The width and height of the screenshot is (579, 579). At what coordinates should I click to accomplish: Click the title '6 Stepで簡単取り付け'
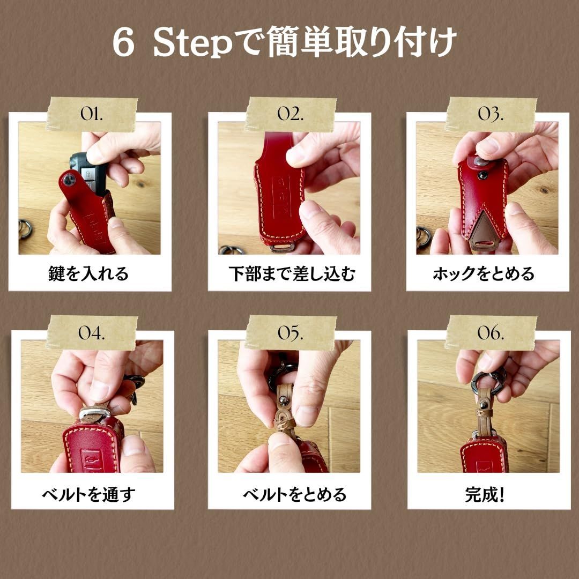click(x=284, y=42)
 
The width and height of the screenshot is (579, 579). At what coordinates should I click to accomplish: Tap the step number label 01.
click(x=92, y=114)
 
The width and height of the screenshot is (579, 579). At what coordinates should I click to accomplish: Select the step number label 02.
click(x=291, y=114)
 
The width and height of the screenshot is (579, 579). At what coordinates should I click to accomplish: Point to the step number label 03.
click(x=491, y=114)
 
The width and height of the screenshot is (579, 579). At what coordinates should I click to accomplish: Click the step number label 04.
click(x=92, y=333)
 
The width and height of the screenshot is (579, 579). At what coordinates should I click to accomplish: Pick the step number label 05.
click(x=291, y=333)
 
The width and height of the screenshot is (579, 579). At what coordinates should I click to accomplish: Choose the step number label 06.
click(x=491, y=333)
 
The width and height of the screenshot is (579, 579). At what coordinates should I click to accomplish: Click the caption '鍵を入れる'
click(x=88, y=273)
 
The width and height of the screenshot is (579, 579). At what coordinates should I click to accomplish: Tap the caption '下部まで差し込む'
click(x=292, y=273)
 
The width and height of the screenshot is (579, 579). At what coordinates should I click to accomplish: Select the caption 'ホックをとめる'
click(x=484, y=273)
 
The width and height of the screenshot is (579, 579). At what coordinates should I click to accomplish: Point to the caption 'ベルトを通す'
click(x=89, y=494)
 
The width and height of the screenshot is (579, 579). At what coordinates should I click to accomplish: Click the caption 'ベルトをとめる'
click(x=295, y=494)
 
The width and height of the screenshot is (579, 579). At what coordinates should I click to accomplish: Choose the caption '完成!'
click(x=485, y=494)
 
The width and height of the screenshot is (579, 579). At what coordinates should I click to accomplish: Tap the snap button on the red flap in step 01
click(x=69, y=180)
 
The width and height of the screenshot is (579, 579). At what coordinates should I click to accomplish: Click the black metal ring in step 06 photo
click(x=488, y=382)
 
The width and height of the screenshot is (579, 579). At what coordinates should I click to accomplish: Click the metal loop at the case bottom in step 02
click(x=281, y=247)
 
